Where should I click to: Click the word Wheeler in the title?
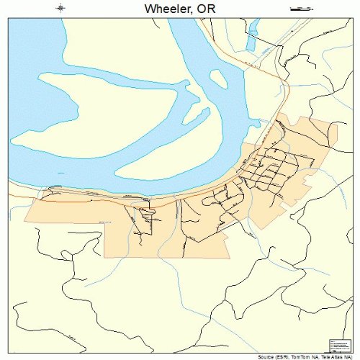click(x=163, y=9)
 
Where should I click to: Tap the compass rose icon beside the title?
click(x=60, y=9)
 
